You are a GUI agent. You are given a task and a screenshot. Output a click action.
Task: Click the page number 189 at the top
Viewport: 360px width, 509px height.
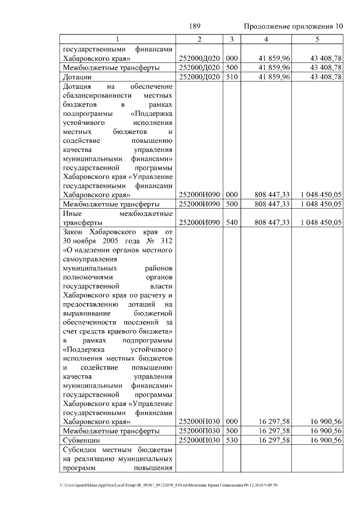pos(195,26)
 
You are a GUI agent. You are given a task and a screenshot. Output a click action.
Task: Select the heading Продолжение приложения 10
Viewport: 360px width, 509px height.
pos(293,26)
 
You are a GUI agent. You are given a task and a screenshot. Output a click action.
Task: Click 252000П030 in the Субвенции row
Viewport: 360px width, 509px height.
pos(199,440)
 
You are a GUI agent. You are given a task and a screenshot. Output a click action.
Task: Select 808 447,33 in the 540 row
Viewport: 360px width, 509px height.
pos(272,222)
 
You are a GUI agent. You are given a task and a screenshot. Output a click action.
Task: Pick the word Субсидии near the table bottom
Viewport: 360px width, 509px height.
pos(81,450)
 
